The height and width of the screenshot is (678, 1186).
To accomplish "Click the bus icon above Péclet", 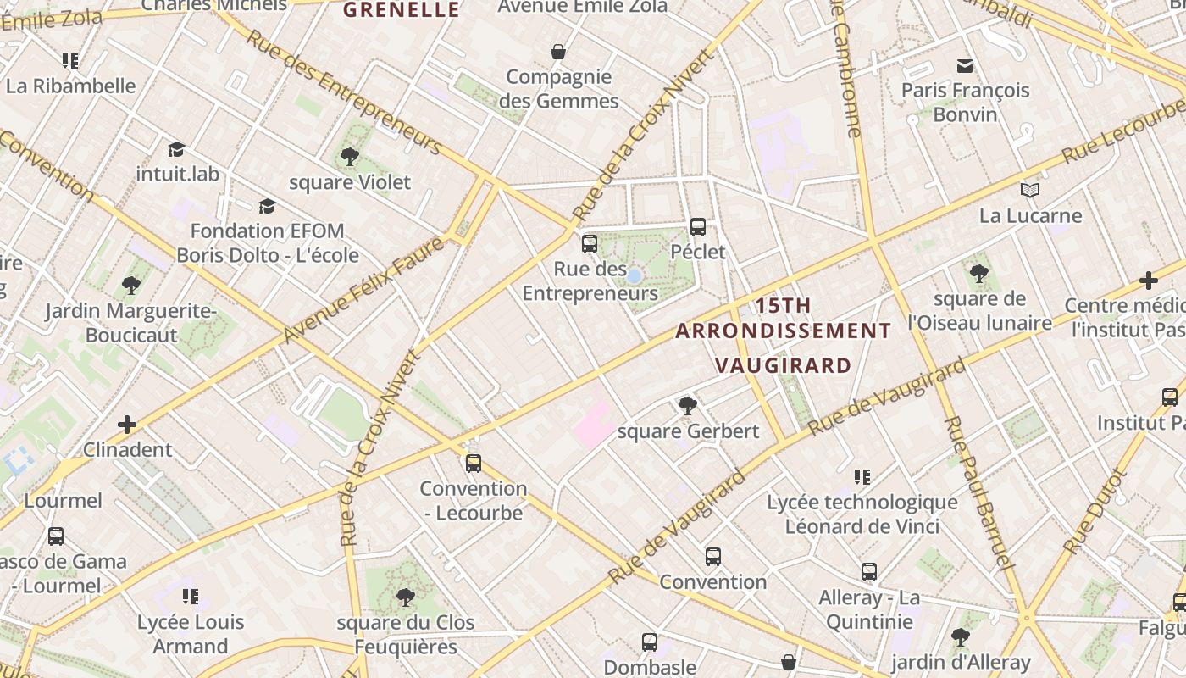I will click(698, 227).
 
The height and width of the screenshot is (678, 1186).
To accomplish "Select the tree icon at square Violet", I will click(349, 157).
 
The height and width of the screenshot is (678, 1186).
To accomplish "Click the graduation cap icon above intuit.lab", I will click(176, 150).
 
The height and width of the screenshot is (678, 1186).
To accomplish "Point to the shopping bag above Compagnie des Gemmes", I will click(558, 53).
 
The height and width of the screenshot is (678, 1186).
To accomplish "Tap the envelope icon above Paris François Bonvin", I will click(964, 65).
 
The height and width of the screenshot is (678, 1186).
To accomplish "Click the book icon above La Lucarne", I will click(1030, 191).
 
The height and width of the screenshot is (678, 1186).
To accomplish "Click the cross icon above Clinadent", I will click(127, 425).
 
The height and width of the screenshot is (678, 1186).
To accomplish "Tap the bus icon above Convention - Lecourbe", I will click(474, 464).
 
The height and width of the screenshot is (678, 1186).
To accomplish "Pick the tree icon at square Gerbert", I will click(688, 406).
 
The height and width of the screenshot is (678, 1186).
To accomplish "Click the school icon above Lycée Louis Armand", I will click(191, 597).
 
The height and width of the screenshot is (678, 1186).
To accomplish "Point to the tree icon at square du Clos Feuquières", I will click(406, 597).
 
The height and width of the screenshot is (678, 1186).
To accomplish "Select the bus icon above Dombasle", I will click(650, 642).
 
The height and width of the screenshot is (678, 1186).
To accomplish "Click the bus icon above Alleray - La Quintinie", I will click(869, 572).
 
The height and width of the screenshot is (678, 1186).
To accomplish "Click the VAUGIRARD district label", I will click(783, 365).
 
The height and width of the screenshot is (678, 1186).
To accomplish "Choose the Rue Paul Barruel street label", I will click(978, 492).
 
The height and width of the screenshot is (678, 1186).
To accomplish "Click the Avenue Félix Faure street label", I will click(363, 291).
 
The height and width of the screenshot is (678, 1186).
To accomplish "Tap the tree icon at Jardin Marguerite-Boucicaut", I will click(130, 286).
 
